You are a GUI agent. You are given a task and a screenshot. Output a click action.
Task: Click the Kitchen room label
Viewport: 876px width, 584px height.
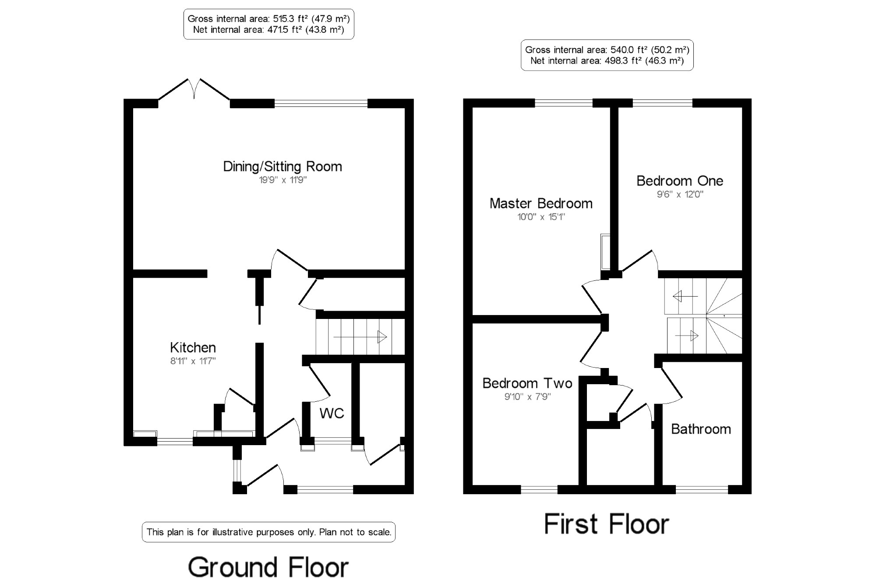click(193, 347)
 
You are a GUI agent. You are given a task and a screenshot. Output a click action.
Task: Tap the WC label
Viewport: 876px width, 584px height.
click(332, 413)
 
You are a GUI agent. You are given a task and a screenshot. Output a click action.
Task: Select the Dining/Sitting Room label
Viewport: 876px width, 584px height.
click(283, 166)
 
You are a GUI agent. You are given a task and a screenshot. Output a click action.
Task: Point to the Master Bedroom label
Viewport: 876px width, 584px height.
click(541, 203)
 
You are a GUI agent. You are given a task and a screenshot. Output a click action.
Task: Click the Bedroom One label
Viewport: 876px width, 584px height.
click(680, 181)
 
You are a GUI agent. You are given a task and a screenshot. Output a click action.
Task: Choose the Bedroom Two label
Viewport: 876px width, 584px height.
click(527, 383)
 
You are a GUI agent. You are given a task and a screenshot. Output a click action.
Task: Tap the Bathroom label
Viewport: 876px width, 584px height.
click(701, 429)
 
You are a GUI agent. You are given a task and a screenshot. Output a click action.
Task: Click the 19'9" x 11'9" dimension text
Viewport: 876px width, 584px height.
click(283, 180)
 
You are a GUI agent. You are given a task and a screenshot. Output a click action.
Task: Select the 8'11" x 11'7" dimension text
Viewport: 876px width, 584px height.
click(193, 361)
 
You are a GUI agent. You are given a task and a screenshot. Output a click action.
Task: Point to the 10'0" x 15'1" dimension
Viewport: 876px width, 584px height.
click(541, 217)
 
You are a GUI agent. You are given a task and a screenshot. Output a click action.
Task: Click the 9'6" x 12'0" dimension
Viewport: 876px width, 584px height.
click(680, 195)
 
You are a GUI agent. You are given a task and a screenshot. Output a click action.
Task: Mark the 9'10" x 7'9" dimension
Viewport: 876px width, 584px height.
click(527, 397)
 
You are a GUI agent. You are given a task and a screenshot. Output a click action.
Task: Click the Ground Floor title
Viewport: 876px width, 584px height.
click(268, 567)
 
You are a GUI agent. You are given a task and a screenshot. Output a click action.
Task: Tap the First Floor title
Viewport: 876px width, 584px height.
click(607, 524)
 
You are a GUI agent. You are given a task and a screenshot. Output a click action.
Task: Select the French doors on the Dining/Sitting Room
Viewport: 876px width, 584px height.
click(194, 90)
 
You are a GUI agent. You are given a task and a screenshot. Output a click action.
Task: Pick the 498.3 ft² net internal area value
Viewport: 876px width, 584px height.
click(622, 61)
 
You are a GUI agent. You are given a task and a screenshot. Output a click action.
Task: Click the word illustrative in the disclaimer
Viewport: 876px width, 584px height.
click(233, 532)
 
